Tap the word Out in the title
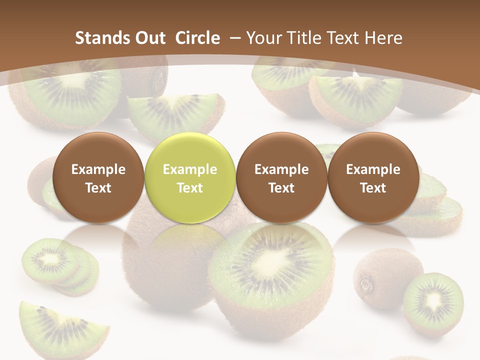pyautogui.click(x=149, y=38)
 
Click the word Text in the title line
pyautogui.click(x=345, y=38)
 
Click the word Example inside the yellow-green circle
pyautogui.click(x=190, y=169)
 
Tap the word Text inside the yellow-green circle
pyautogui.click(x=190, y=188)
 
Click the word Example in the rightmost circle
pyautogui.click(x=373, y=169)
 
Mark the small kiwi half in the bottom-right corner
pyautogui.click(x=433, y=302)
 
